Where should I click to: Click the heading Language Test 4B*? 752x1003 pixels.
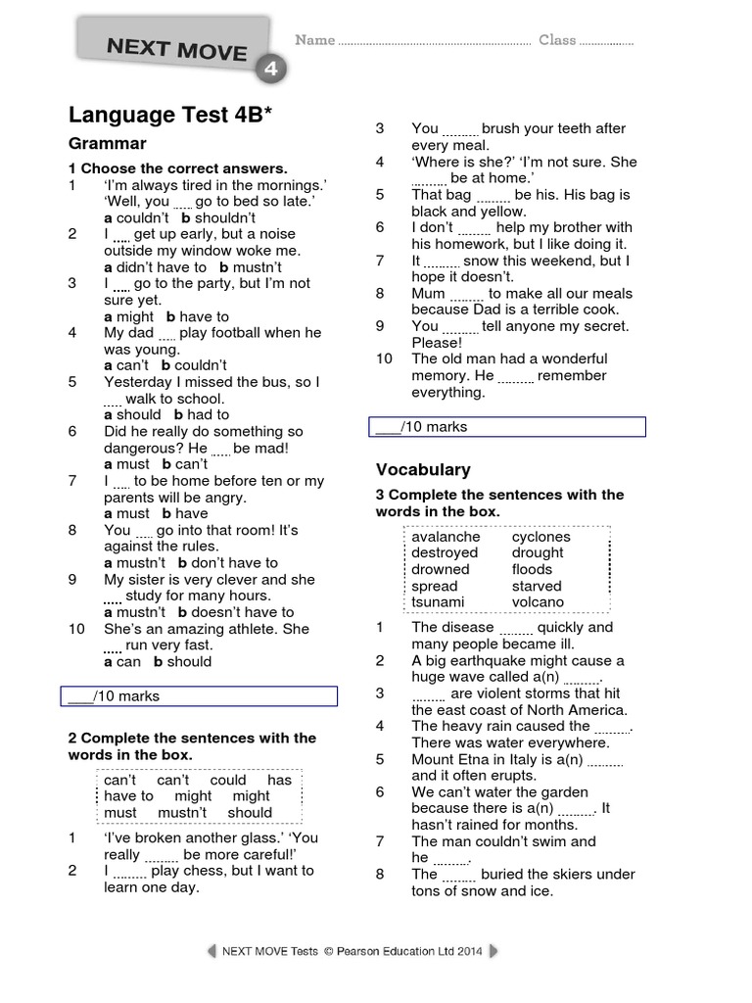[x=169, y=116]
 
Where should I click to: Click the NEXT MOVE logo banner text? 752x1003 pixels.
[x=176, y=48]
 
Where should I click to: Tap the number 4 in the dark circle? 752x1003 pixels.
[x=270, y=69]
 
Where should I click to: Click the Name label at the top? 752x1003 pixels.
[x=315, y=40]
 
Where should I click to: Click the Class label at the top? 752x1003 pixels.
[x=557, y=40]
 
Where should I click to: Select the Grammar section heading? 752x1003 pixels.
[x=107, y=144]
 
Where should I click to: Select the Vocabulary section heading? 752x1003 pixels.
[x=423, y=469]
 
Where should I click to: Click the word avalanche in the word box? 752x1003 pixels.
[x=446, y=537]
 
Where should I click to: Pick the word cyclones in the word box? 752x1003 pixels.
[x=540, y=537]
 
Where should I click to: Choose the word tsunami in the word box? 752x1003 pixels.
[x=438, y=601]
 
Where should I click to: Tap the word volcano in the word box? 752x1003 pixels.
[x=538, y=601]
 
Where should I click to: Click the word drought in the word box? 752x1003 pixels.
[x=538, y=552]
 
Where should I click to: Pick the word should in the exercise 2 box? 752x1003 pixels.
[x=250, y=812]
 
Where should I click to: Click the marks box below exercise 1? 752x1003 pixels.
[x=202, y=696]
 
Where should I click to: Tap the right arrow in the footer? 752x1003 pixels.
[x=493, y=951]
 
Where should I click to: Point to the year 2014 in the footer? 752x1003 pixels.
[x=467, y=951]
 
